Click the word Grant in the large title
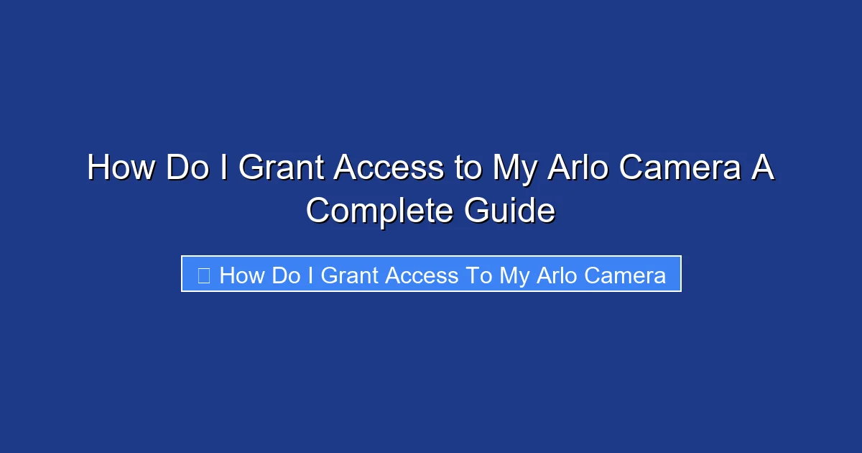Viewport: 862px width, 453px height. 282,168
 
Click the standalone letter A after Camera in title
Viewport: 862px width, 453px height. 764,168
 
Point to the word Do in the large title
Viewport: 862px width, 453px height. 188,168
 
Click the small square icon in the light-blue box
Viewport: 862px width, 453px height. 203,275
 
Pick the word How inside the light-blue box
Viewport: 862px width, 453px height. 242,275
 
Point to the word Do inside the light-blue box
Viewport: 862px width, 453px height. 285,275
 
